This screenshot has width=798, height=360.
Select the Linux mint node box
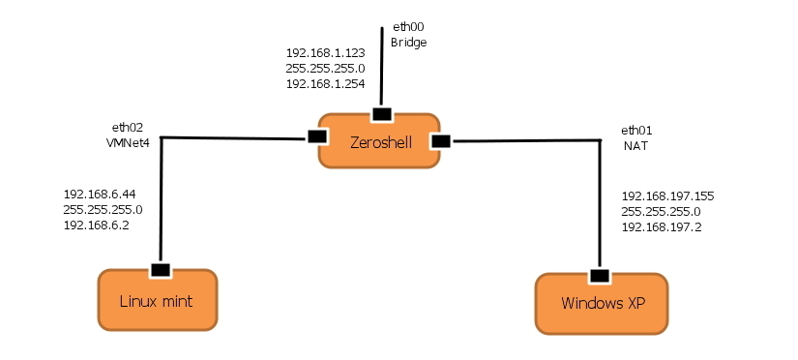(x=157, y=301)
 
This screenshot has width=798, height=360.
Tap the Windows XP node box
(x=603, y=304)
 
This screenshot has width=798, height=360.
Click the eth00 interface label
(x=407, y=29)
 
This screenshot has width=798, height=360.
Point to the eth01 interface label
(x=637, y=131)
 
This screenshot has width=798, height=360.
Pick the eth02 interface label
(x=128, y=127)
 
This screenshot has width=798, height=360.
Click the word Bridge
(x=408, y=44)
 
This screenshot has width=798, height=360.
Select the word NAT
(x=635, y=146)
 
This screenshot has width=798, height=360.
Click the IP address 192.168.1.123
(x=326, y=52)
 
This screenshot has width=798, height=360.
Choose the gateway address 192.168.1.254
(x=326, y=83)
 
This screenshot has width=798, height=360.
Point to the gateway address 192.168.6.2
(x=96, y=225)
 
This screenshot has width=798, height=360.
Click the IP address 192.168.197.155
(x=667, y=195)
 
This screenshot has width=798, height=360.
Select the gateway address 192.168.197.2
(x=661, y=226)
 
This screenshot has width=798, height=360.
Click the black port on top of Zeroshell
(x=382, y=114)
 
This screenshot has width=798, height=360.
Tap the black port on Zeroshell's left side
(x=315, y=136)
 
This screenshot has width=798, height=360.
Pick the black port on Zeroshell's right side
(x=441, y=141)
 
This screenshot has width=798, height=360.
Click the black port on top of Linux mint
(x=160, y=269)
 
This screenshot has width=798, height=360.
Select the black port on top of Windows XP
(x=601, y=275)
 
